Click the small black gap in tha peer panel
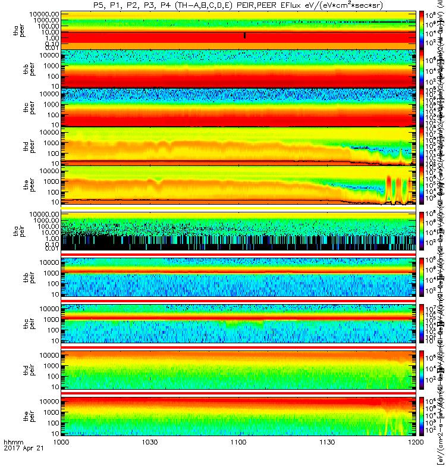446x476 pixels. coord(244,36)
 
